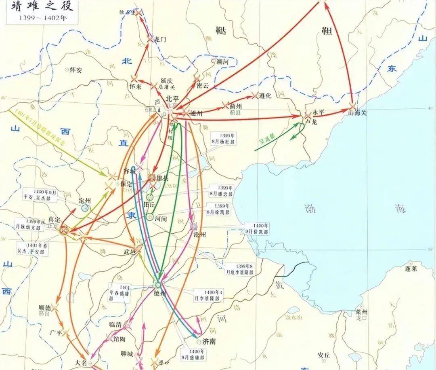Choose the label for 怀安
click(x=75, y=70)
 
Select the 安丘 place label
click(x=324, y=355)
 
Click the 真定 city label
click(x=54, y=219)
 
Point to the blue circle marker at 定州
click(x=85, y=208)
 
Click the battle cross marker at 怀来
click(x=135, y=80)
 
